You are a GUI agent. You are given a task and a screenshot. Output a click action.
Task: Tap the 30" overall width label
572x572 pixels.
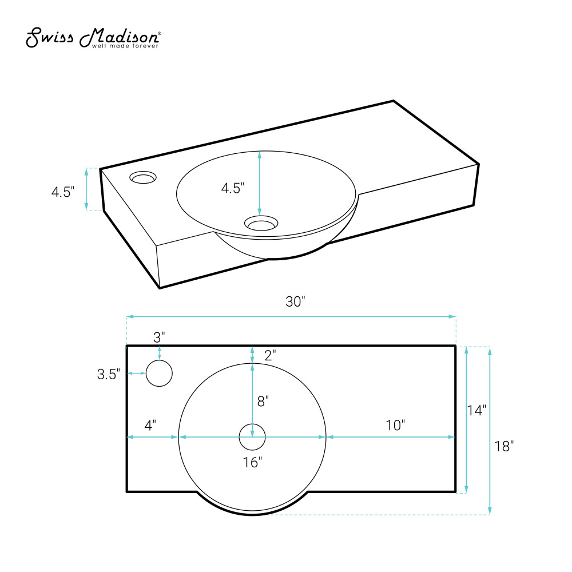pyautogui.click(x=295, y=302)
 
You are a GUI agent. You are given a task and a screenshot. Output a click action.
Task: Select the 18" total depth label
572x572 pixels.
pyautogui.click(x=504, y=447)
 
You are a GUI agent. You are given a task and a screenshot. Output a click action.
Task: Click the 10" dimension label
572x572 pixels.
pyautogui.click(x=395, y=425)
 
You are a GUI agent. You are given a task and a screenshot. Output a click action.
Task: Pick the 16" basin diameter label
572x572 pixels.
pyautogui.click(x=252, y=462)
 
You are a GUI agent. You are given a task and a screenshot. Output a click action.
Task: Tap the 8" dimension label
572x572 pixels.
pyautogui.click(x=263, y=401)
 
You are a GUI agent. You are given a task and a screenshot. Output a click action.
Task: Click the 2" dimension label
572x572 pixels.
pyautogui.click(x=270, y=355)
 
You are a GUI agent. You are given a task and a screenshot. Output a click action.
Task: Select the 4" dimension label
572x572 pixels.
pyautogui.click(x=150, y=425)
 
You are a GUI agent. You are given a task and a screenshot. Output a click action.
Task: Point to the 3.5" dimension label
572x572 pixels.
pyautogui.click(x=108, y=374)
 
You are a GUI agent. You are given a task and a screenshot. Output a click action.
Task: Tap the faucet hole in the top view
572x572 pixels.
pyautogui.click(x=159, y=374)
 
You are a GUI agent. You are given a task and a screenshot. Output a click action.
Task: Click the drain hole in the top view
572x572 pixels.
pyautogui.click(x=252, y=437)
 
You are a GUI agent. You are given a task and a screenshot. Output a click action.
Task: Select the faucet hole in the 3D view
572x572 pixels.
pyautogui.click(x=143, y=178)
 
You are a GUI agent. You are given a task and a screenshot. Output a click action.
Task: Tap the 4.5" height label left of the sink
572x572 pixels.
pyautogui.click(x=63, y=192)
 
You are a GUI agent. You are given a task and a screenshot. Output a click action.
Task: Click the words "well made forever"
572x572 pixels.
pyautogui.click(x=125, y=46)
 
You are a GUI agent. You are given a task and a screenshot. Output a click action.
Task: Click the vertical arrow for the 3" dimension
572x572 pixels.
pyautogui.click(x=159, y=352)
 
